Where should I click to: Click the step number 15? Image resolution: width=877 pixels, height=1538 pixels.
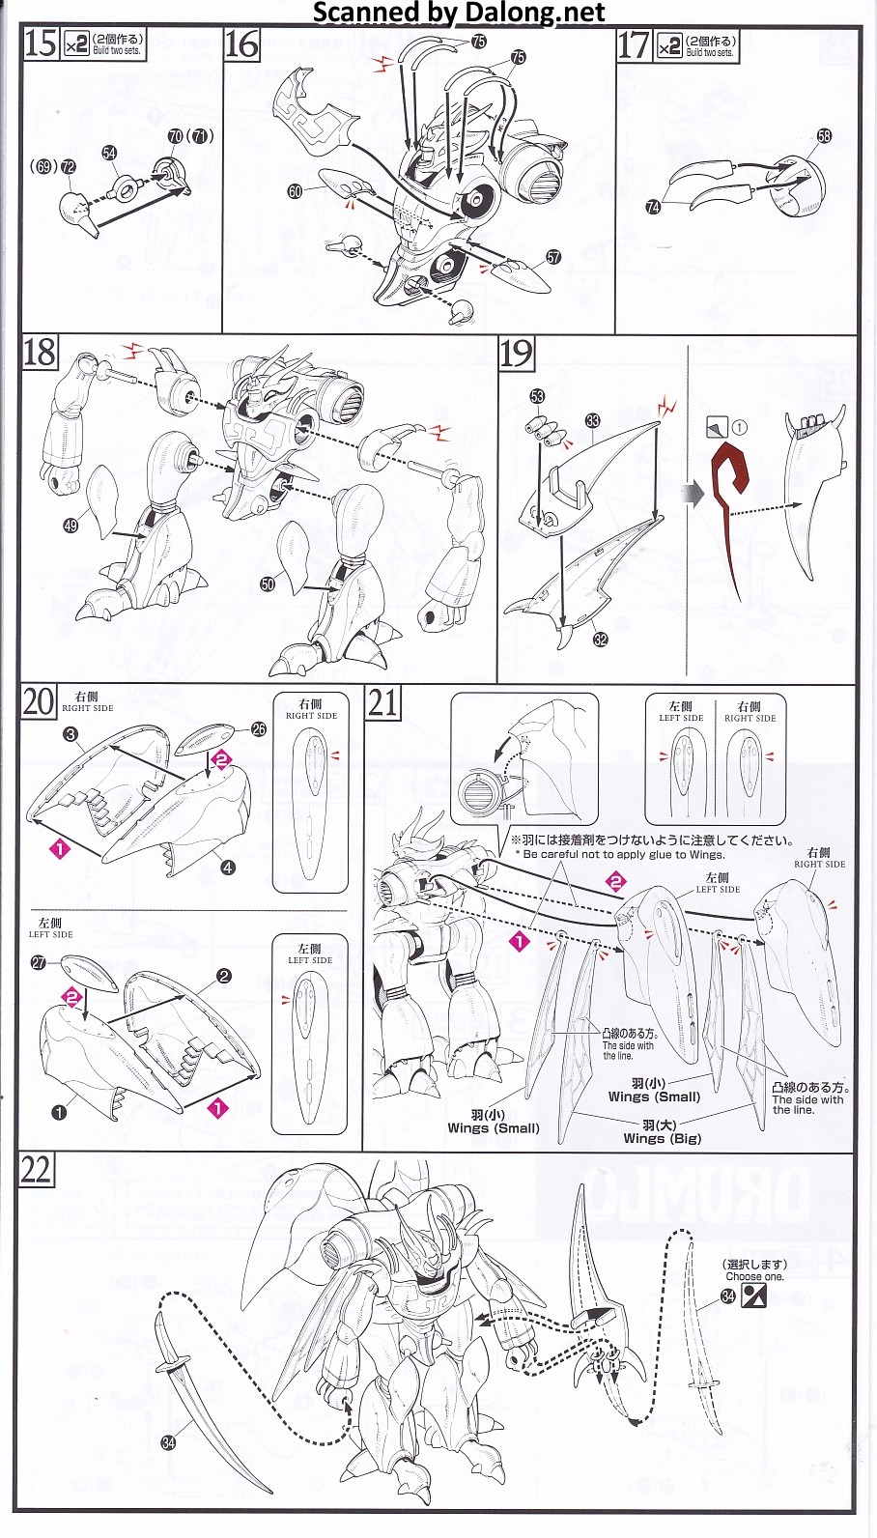[x=41, y=44]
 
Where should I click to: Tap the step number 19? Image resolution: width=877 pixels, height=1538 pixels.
[x=516, y=354]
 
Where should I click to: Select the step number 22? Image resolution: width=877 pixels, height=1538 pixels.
[x=36, y=1170]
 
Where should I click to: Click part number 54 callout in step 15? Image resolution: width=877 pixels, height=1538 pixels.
[x=109, y=154]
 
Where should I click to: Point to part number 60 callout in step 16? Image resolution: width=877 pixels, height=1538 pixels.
[x=296, y=191]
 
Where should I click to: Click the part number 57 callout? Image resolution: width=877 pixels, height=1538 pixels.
[x=553, y=257]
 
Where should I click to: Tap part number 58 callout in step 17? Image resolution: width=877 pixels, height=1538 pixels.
[x=823, y=136]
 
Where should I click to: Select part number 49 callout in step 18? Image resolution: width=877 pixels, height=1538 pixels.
[x=71, y=526]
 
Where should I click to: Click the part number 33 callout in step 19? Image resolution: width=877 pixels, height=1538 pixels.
[x=592, y=420]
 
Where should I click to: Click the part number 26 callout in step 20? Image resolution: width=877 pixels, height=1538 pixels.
[x=258, y=729]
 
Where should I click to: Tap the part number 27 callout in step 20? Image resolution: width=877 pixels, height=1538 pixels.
[x=39, y=962]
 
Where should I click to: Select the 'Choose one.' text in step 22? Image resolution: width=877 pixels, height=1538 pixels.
[x=754, y=1276]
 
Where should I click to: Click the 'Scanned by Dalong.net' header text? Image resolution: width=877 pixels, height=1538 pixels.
[x=459, y=13]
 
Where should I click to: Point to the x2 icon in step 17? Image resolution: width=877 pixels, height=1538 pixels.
[x=668, y=46]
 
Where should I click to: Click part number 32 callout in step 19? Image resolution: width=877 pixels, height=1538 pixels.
[x=601, y=640]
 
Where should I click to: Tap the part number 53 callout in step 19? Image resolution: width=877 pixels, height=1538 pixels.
[x=537, y=396]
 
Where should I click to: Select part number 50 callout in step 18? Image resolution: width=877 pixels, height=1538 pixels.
[x=268, y=583]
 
